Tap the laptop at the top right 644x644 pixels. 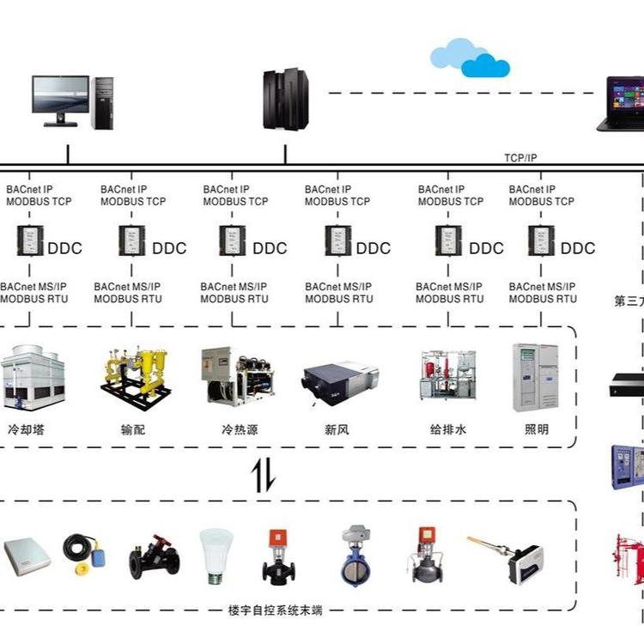click(621, 104)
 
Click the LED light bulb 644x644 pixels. click(216, 555)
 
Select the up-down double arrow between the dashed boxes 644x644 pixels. click(263, 476)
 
